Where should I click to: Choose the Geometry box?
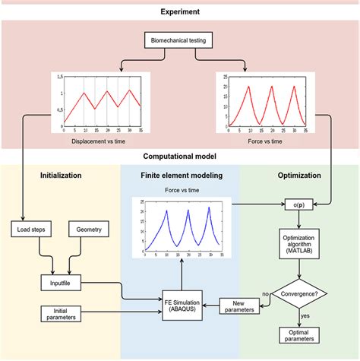(90, 228)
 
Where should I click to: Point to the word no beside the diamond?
(265, 291)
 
